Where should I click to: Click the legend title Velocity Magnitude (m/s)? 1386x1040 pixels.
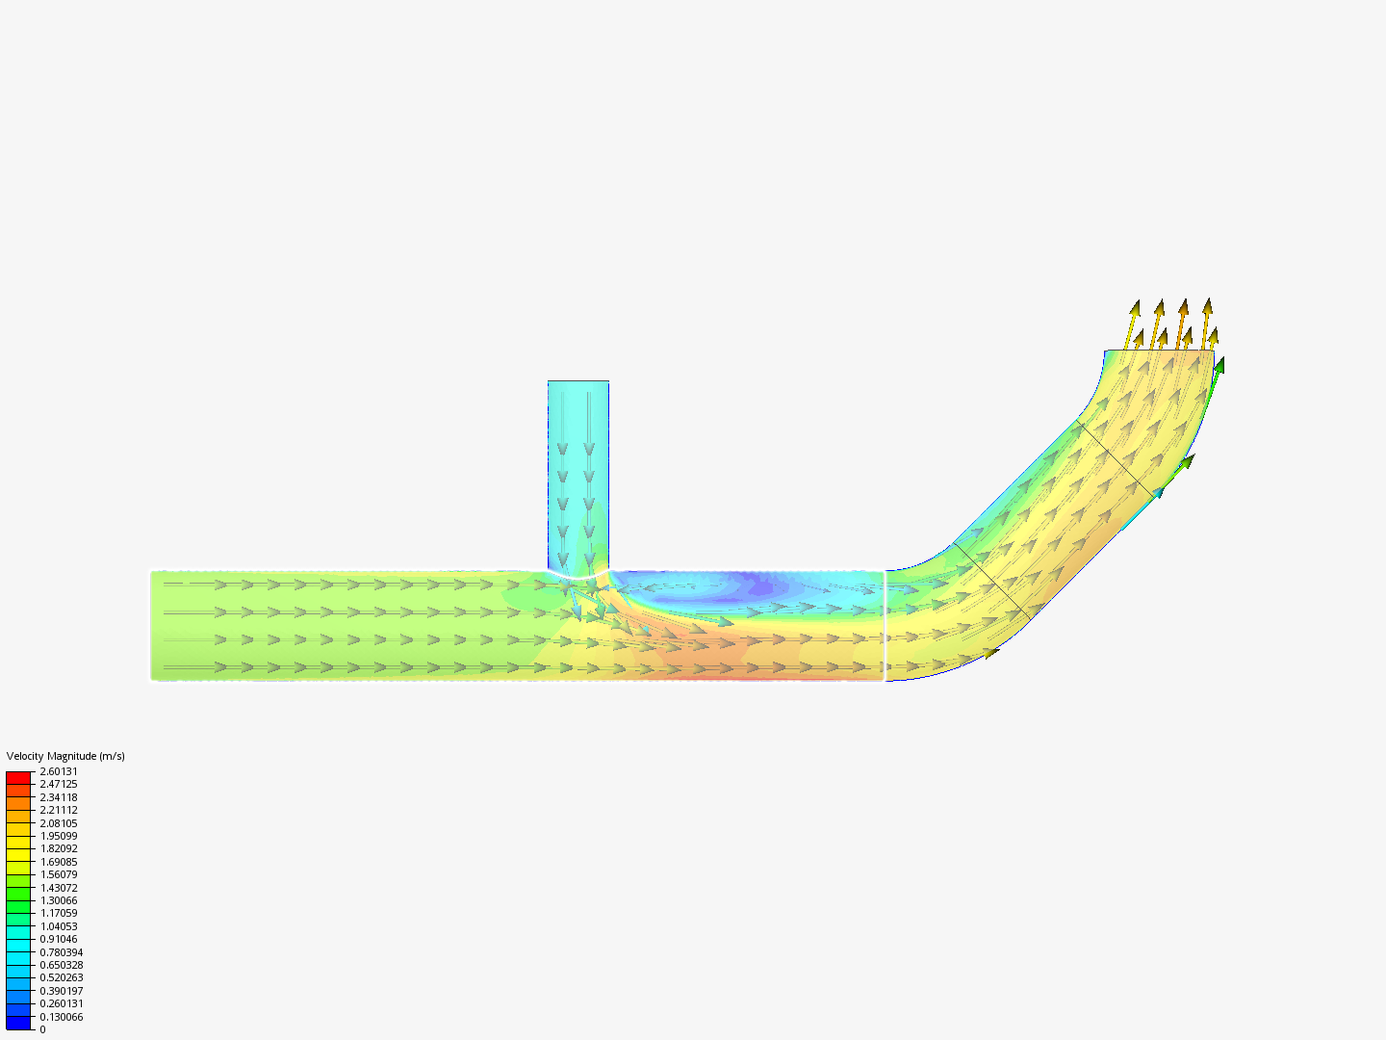65,756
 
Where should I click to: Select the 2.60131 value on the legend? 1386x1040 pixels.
59,771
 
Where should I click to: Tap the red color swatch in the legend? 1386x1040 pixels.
18,777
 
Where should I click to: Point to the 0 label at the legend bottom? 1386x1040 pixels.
42,1029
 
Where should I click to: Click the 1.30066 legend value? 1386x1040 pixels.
59,900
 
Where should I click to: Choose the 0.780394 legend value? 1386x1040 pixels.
62,952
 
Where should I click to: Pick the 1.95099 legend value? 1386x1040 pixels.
59,836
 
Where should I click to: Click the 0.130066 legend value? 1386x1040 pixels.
62,1017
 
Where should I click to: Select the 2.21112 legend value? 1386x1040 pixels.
59,810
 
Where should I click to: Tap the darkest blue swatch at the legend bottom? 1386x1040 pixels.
18,1023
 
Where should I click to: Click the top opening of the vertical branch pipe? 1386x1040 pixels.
578,382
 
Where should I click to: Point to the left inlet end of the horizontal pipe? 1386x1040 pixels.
152,626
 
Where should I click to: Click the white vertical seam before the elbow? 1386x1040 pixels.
885,626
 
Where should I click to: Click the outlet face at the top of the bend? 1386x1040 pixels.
1159,351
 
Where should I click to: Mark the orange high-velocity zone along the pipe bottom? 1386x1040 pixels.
712,664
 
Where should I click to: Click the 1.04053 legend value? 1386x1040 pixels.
59,926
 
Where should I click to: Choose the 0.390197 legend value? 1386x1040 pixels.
62,991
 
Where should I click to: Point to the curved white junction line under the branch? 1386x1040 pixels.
577,577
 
